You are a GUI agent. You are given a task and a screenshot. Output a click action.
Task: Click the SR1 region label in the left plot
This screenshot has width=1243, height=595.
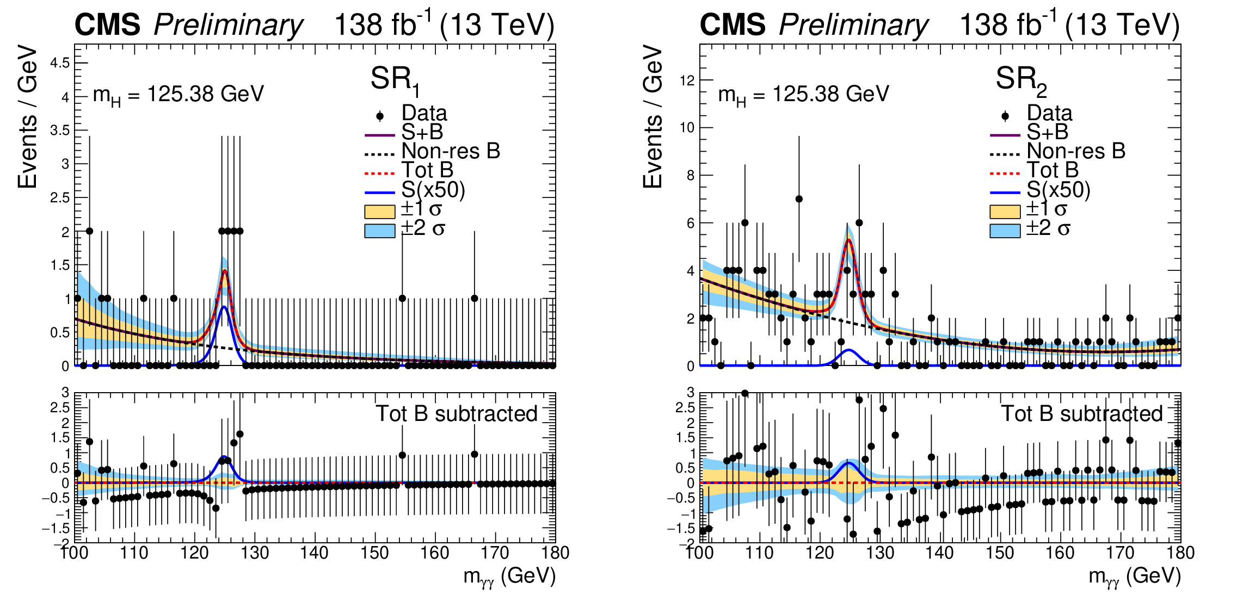click(395, 80)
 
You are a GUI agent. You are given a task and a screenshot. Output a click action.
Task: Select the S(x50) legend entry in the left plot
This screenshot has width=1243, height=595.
click(433, 190)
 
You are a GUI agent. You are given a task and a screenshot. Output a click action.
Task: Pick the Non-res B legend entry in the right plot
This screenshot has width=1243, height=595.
click(1075, 151)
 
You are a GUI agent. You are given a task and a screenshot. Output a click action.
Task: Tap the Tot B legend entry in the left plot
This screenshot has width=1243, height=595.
click(427, 170)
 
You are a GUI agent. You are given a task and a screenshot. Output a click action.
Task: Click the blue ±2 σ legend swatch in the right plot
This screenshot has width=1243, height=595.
click(1005, 231)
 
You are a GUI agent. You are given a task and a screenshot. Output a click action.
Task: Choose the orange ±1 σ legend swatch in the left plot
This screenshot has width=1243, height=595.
click(379, 211)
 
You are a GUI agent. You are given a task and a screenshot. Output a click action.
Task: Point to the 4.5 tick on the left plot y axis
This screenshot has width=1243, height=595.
click(60, 63)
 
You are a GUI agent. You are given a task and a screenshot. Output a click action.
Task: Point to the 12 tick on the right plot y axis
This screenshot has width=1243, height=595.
click(687, 80)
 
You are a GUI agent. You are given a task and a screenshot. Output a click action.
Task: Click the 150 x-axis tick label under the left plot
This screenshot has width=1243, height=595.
click(374, 553)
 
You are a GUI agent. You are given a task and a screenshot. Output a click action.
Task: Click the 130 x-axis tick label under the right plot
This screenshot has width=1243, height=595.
click(879, 553)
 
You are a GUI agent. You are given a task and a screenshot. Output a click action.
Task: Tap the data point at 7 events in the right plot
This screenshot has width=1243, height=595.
click(799, 199)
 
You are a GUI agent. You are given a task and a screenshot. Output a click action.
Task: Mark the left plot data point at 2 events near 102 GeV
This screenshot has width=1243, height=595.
click(89, 231)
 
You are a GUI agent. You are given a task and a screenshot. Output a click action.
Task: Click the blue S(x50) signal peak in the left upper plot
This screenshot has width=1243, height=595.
click(224, 308)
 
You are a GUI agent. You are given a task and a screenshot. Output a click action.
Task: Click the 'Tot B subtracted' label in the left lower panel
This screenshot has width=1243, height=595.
click(456, 414)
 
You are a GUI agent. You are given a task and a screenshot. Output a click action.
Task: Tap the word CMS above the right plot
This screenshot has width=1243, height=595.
click(732, 25)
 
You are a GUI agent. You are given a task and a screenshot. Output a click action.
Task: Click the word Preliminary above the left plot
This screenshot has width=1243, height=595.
click(228, 25)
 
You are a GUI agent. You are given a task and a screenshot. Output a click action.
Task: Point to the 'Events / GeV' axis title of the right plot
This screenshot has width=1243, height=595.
click(653, 117)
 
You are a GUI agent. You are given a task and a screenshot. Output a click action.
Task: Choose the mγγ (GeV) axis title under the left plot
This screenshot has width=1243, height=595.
click(509, 577)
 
